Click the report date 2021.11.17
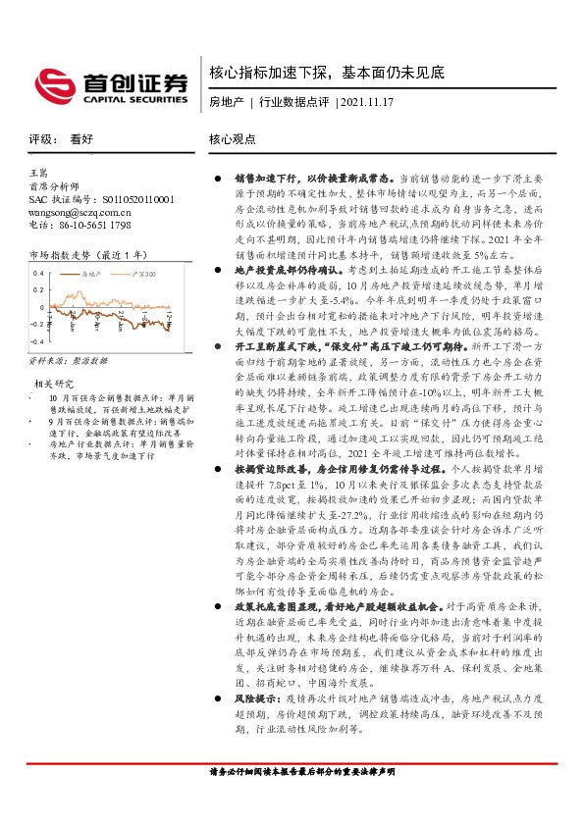point(366,103)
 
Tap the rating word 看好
point(81,139)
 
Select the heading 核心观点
point(233,139)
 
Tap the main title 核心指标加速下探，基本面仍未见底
point(328,74)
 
